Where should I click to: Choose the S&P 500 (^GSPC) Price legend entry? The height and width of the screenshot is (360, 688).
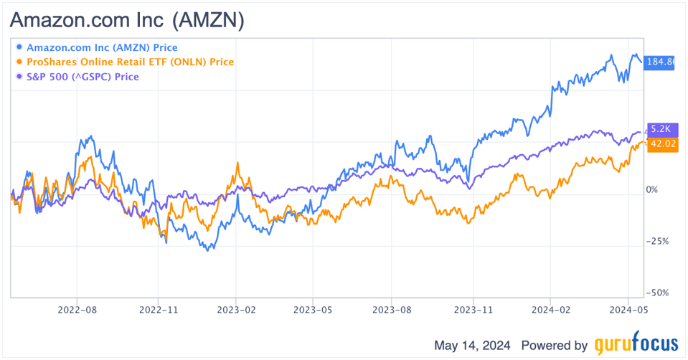82,76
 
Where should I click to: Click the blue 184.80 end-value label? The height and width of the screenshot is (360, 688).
660,62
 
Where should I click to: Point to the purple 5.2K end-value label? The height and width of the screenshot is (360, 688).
659,129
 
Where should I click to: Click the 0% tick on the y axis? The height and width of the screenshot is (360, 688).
651,190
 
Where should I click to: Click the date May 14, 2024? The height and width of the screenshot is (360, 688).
472,345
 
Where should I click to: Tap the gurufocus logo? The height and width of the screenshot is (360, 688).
636,345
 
